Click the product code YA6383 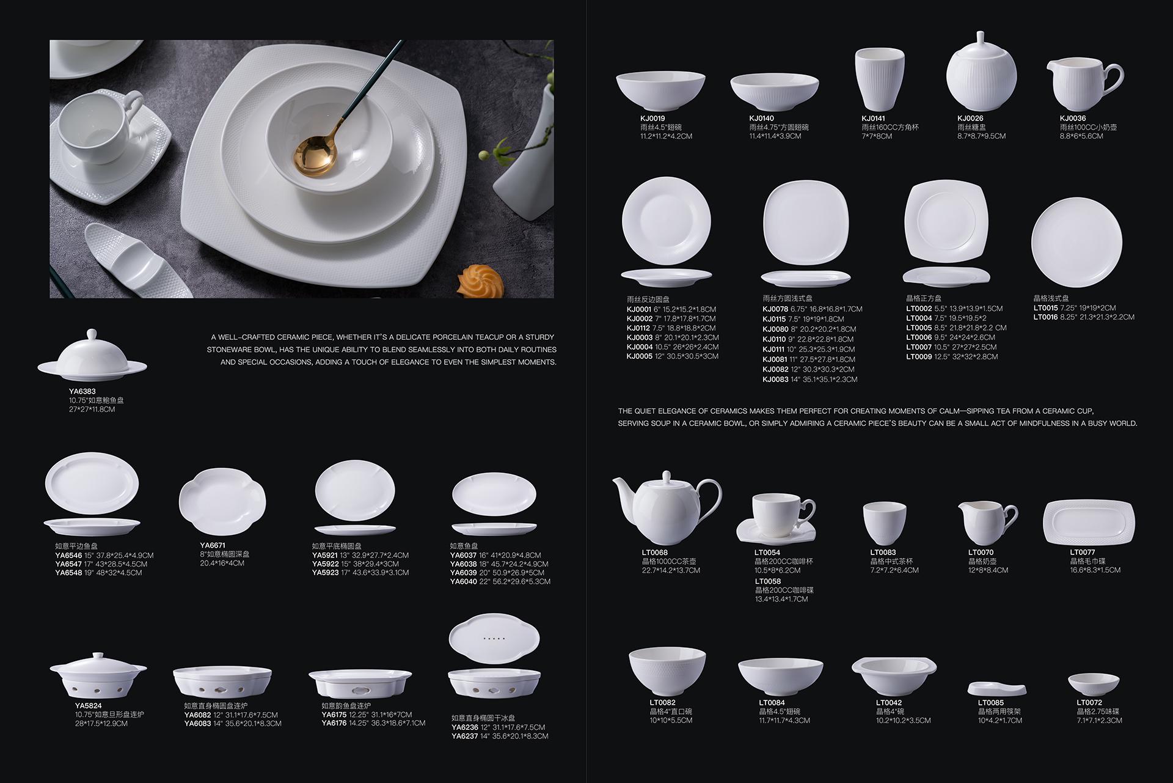[82, 391]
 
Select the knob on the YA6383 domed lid [92, 334]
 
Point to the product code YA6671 [213, 545]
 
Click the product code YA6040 [463, 582]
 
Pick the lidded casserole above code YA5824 [98, 675]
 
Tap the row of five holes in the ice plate [494, 638]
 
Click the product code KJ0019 [652, 119]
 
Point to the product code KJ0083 [775, 380]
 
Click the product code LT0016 [1046, 317]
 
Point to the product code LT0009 [919, 357]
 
